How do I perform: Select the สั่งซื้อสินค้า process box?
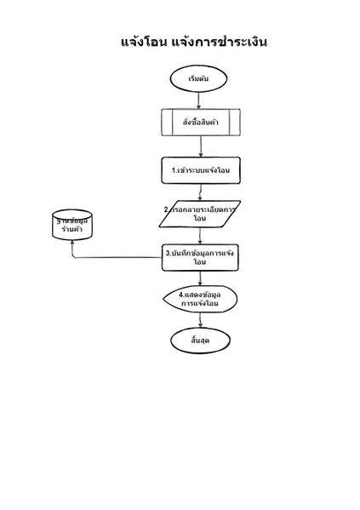click(x=200, y=122)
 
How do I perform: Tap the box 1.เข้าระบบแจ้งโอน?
click(x=200, y=169)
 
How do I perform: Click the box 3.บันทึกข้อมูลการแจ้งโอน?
click(x=200, y=257)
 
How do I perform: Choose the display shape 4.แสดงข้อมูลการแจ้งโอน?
click(x=200, y=299)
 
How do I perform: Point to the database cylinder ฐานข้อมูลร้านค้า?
click(x=71, y=225)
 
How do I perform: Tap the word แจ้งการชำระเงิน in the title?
click(x=225, y=41)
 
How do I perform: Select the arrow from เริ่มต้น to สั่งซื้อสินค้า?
click(x=200, y=99)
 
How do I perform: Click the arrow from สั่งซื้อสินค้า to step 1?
click(x=200, y=146)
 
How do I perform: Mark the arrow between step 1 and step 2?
click(x=200, y=192)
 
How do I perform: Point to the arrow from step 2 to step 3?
click(x=200, y=236)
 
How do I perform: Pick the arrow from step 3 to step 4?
click(x=200, y=278)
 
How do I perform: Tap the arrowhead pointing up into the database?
click(x=71, y=242)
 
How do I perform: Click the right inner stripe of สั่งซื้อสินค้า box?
click(x=234, y=122)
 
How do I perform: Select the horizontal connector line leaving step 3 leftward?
click(x=119, y=256)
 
